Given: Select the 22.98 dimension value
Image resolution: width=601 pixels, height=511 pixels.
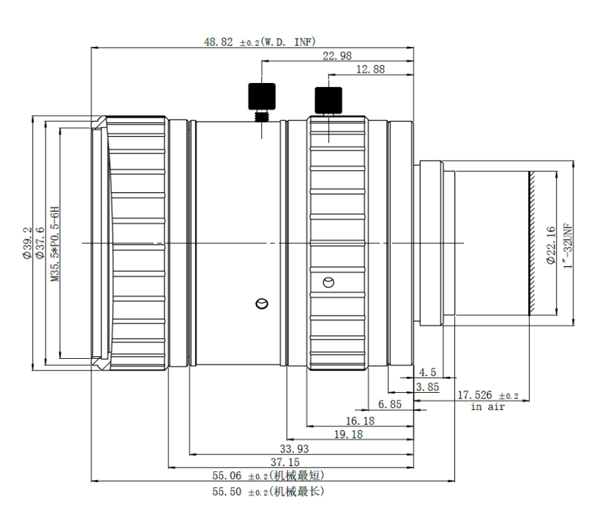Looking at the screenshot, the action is pos(337,56).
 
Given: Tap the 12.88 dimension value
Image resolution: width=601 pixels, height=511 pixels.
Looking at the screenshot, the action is pos(370,69).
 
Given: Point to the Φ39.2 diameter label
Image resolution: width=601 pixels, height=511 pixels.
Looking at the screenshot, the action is pos(27,243).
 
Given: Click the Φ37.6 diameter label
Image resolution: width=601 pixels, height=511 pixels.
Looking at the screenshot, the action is pos(39,243).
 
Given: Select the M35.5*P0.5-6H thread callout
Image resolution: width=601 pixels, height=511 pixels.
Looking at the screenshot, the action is pos(55,244).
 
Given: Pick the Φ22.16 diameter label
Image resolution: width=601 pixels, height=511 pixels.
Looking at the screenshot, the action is pos(551,245).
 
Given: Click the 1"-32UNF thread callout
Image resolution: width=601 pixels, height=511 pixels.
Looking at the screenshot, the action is pos(568,245).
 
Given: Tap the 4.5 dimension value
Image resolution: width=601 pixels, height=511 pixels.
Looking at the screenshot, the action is pos(427,372).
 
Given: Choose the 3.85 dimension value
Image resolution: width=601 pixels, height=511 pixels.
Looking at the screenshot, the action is pos(427,387).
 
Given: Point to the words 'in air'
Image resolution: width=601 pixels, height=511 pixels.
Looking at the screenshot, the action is pos(488,407).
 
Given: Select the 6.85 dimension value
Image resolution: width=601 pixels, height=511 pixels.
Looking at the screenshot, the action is pos(390,404).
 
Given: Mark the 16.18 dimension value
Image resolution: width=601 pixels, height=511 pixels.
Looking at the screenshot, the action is pos(360,421).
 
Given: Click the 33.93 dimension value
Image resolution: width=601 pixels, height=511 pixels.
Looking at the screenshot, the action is pos(294,449).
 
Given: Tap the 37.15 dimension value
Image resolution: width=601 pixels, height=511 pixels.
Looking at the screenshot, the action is pos(285,463).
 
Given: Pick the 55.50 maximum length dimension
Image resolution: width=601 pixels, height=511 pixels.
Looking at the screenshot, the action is pos(268,492).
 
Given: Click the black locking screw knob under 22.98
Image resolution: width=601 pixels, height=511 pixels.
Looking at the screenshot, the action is pos(262,96).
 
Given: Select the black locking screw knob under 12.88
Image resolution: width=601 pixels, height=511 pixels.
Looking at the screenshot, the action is pos(329,100).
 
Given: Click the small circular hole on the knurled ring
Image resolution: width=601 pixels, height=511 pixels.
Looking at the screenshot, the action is pos(329,283).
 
